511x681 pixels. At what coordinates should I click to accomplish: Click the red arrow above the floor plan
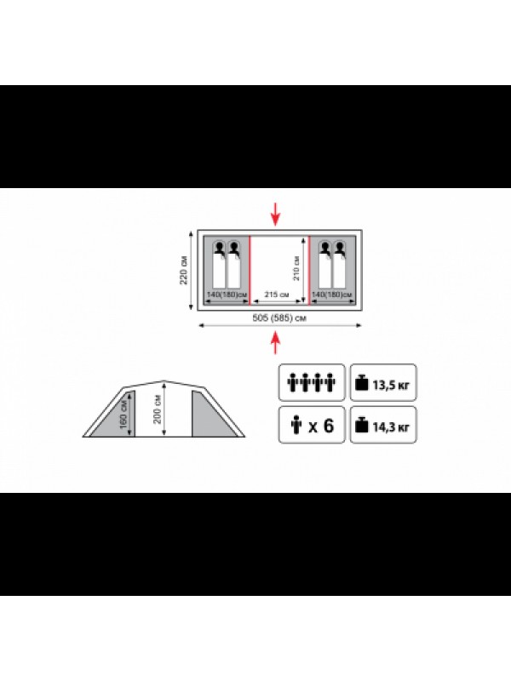275,215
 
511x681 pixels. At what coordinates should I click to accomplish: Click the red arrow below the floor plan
275,343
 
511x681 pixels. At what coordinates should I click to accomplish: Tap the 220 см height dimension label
184,270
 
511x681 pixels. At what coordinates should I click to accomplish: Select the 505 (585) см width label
279,318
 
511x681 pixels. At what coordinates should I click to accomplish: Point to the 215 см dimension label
277,295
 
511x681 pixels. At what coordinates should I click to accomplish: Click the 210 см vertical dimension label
296,268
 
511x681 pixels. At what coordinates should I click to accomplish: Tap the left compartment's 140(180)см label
227,295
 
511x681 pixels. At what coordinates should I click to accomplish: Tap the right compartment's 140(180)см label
332,295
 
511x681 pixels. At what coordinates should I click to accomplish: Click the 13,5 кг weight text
391,385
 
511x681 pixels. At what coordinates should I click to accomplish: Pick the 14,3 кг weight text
391,427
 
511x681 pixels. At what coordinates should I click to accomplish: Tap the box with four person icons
312,382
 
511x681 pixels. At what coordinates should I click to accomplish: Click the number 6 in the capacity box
328,426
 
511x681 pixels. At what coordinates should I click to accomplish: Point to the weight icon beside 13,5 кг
361,383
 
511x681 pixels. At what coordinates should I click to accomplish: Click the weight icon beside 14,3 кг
361,425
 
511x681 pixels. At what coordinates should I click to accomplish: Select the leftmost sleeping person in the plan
220,265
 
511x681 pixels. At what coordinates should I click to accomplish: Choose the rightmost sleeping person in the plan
339,265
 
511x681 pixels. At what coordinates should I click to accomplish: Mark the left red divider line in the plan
250,269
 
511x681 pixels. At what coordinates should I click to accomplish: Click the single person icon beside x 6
296,425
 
